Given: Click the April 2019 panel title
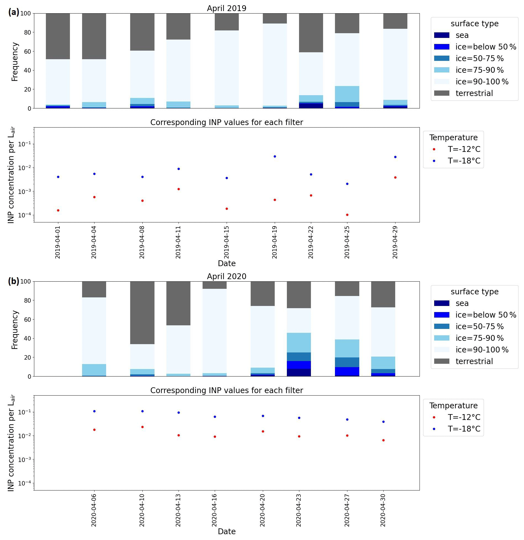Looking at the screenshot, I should pos(226,8).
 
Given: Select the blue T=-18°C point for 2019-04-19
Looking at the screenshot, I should pos(275,156).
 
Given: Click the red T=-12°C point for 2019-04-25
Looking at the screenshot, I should pos(347,215).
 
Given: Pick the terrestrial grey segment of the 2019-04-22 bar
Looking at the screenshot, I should pos(311,33).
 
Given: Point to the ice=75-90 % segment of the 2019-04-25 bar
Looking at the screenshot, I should pos(347,94).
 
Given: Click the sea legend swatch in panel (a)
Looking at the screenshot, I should pos(442,35).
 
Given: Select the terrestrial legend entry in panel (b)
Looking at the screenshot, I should pos(474,361).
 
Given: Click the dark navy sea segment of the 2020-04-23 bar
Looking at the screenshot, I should pos(299,372).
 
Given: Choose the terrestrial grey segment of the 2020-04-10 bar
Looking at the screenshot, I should pos(142,313).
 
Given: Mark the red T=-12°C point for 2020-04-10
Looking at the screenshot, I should pos(142,427).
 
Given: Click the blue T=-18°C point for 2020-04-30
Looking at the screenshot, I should pos(383,422).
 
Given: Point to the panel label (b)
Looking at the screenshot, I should pos(14,281).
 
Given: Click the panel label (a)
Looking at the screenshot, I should pos(14,12).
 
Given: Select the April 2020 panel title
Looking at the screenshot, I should pos(226,276).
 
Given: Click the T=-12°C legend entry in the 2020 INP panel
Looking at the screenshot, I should pos(464,417).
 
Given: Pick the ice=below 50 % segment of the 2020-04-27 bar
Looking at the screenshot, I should pos(347,371).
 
